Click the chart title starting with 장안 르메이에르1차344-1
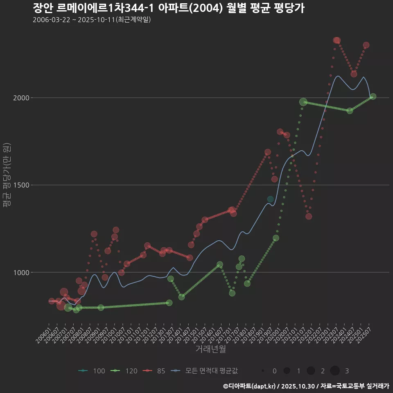[x=168, y=8]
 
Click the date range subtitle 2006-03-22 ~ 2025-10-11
[x=92, y=20]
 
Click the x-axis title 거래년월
[x=210, y=349]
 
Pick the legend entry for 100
[x=92, y=371]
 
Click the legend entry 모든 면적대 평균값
[x=205, y=371]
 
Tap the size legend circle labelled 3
[x=335, y=371]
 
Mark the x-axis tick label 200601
[x=44, y=334]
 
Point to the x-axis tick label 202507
[x=364, y=334]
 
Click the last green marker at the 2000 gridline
[x=373, y=97]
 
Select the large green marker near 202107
[x=303, y=102]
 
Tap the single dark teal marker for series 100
[x=270, y=199]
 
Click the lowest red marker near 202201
[x=309, y=216]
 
